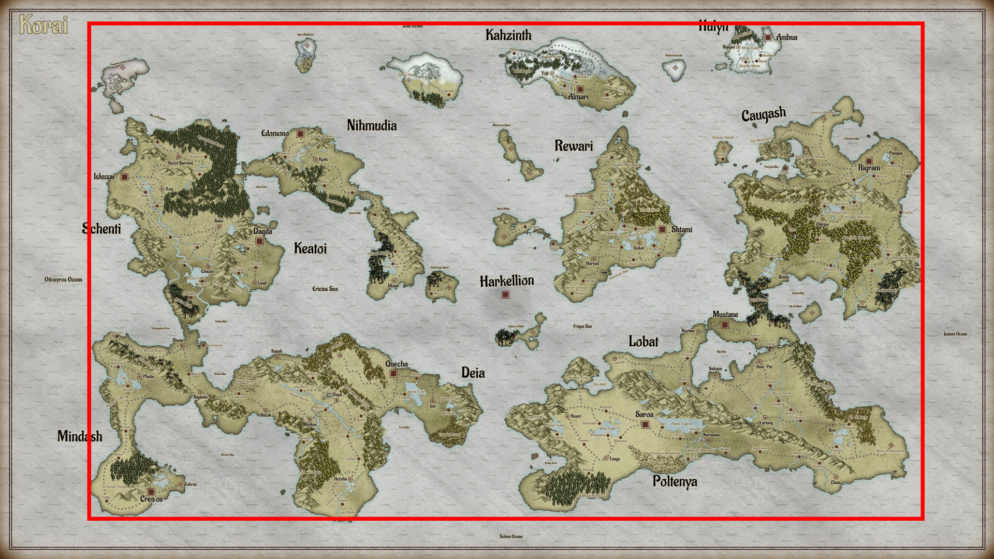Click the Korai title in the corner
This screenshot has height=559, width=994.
(43, 25)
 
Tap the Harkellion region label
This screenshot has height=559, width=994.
(506, 281)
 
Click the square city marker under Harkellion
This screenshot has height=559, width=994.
(505, 295)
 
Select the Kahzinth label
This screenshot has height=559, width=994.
(508, 35)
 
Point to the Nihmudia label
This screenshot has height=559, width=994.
(372, 125)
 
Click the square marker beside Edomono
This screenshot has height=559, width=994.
(300, 134)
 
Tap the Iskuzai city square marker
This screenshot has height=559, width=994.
(124, 177)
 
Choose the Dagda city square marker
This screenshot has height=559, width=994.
(259, 241)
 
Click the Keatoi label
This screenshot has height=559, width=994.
(310, 248)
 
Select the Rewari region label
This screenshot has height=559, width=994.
(574, 146)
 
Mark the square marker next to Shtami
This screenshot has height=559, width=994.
(662, 229)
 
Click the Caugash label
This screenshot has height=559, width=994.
(764, 114)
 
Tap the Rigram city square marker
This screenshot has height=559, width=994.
(869, 161)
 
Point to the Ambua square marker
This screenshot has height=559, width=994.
(768, 37)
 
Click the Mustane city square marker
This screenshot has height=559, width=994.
(725, 325)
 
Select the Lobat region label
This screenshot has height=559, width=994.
(644, 342)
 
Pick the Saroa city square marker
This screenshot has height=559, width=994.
(645, 424)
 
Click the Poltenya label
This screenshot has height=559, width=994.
(675, 481)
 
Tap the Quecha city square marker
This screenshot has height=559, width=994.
(393, 373)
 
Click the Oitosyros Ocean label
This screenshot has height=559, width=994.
(63, 279)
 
